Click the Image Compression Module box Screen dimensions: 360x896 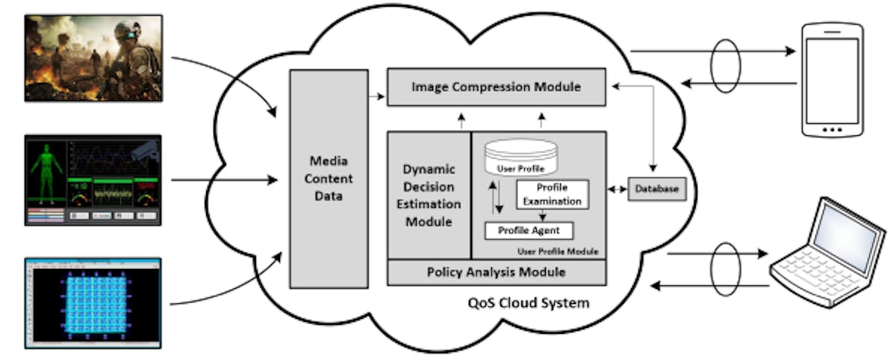496,87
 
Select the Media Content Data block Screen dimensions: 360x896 329,179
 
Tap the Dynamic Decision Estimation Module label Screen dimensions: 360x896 429,195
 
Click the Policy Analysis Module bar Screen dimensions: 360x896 496,272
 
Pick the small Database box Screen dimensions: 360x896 657,189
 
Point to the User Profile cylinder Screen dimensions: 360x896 521,158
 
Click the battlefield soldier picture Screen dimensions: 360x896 93,58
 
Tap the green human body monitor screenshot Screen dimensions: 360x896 93,180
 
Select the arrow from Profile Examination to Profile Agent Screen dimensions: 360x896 551,214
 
